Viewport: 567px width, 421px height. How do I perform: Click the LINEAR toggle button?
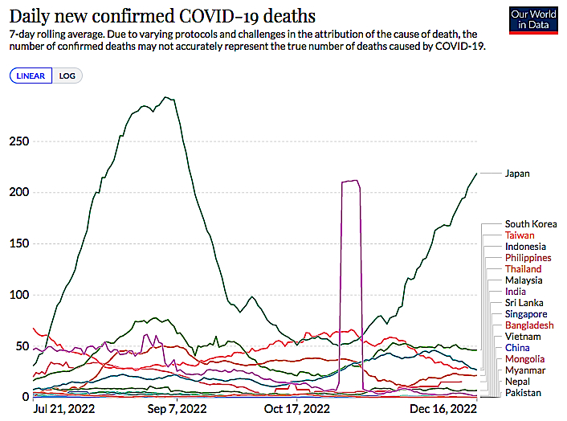pyautogui.click(x=31, y=76)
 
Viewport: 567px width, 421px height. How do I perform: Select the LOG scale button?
pyautogui.click(x=67, y=76)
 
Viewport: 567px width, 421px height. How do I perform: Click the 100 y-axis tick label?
pyautogui.click(x=18, y=296)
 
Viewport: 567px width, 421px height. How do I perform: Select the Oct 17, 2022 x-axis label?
pyautogui.click(x=297, y=409)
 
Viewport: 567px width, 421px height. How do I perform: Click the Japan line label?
pyautogui.click(x=518, y=174)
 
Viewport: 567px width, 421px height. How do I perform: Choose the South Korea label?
pyautogui.click(x=531, y=223)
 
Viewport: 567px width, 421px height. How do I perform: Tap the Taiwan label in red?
pyautogui.click(x=520, y=235)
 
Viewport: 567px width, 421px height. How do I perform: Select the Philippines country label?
pyautogui.click(x=528, y=257)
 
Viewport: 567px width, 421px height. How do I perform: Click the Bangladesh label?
pyautogui.click(x=529, y=325)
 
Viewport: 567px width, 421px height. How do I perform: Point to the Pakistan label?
pyautogui.click(x=524, y=392)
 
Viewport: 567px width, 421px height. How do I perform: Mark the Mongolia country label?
pyautogui.click(x=525, y=358)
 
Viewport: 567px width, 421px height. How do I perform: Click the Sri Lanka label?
pyautogui.click(x=524, y=302)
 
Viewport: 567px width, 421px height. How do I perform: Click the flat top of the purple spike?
pyautogui.click(x=351, y=182)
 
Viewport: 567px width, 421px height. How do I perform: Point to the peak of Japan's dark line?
pyautogui.click(x=165, y=97)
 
